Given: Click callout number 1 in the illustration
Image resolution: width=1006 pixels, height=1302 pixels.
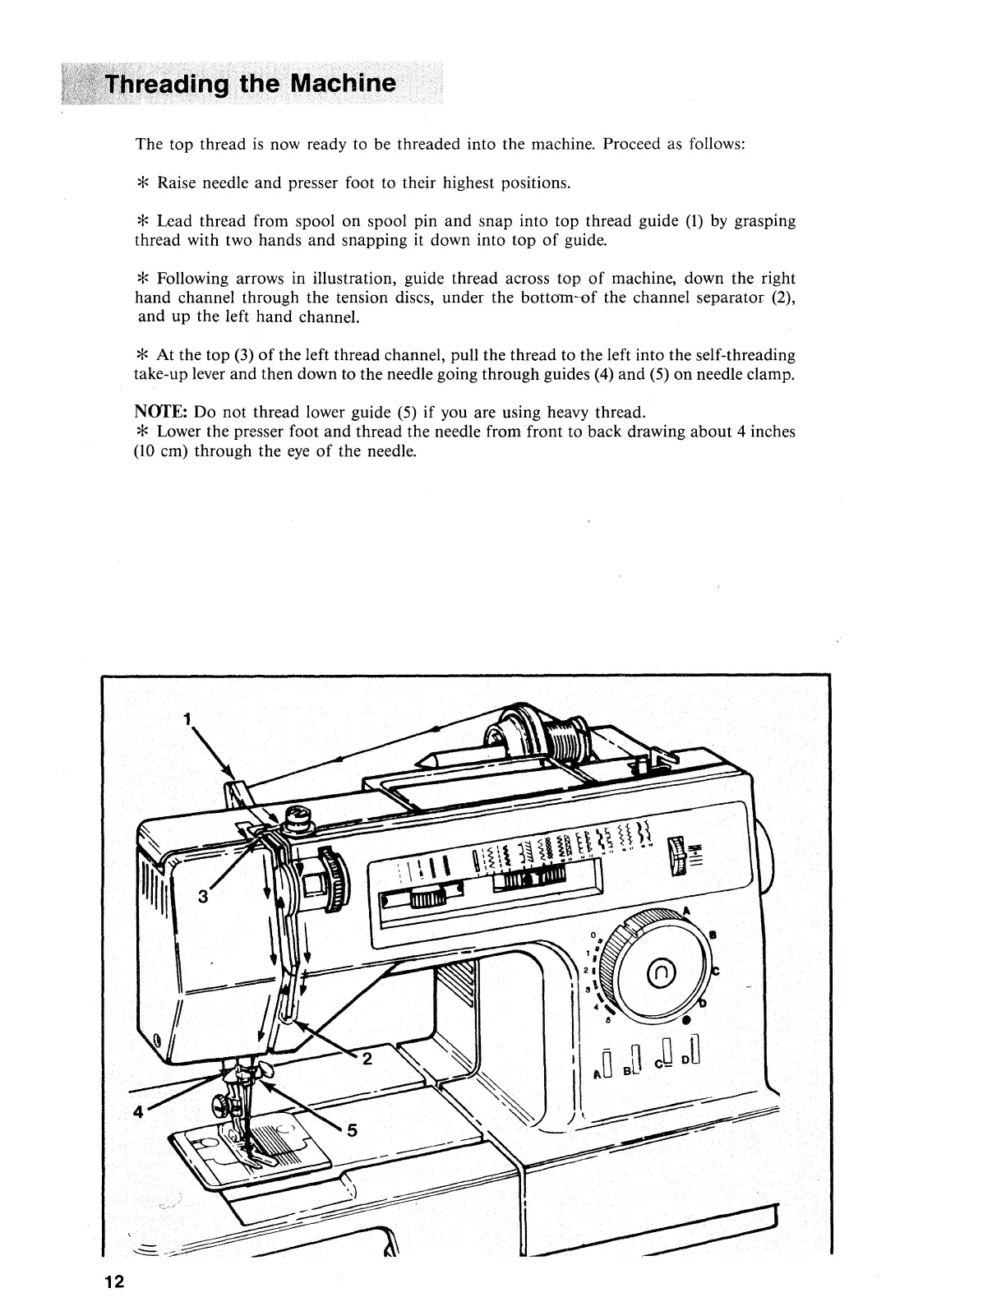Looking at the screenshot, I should [x=187, y=720].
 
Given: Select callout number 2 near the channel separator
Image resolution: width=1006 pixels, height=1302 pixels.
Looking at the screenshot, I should [x=367, y=1059].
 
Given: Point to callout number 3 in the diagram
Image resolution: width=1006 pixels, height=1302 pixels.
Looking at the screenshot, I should [x=202, y=898].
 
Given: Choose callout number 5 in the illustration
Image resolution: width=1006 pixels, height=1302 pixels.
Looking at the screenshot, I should [x=353, y=1130].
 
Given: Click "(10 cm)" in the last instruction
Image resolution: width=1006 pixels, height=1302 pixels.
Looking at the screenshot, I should [x=159, y=450].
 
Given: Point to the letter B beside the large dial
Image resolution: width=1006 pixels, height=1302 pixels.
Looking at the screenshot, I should [x=713, y=935].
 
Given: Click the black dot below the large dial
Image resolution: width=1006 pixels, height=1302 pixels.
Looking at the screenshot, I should [x=686, y=1020].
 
